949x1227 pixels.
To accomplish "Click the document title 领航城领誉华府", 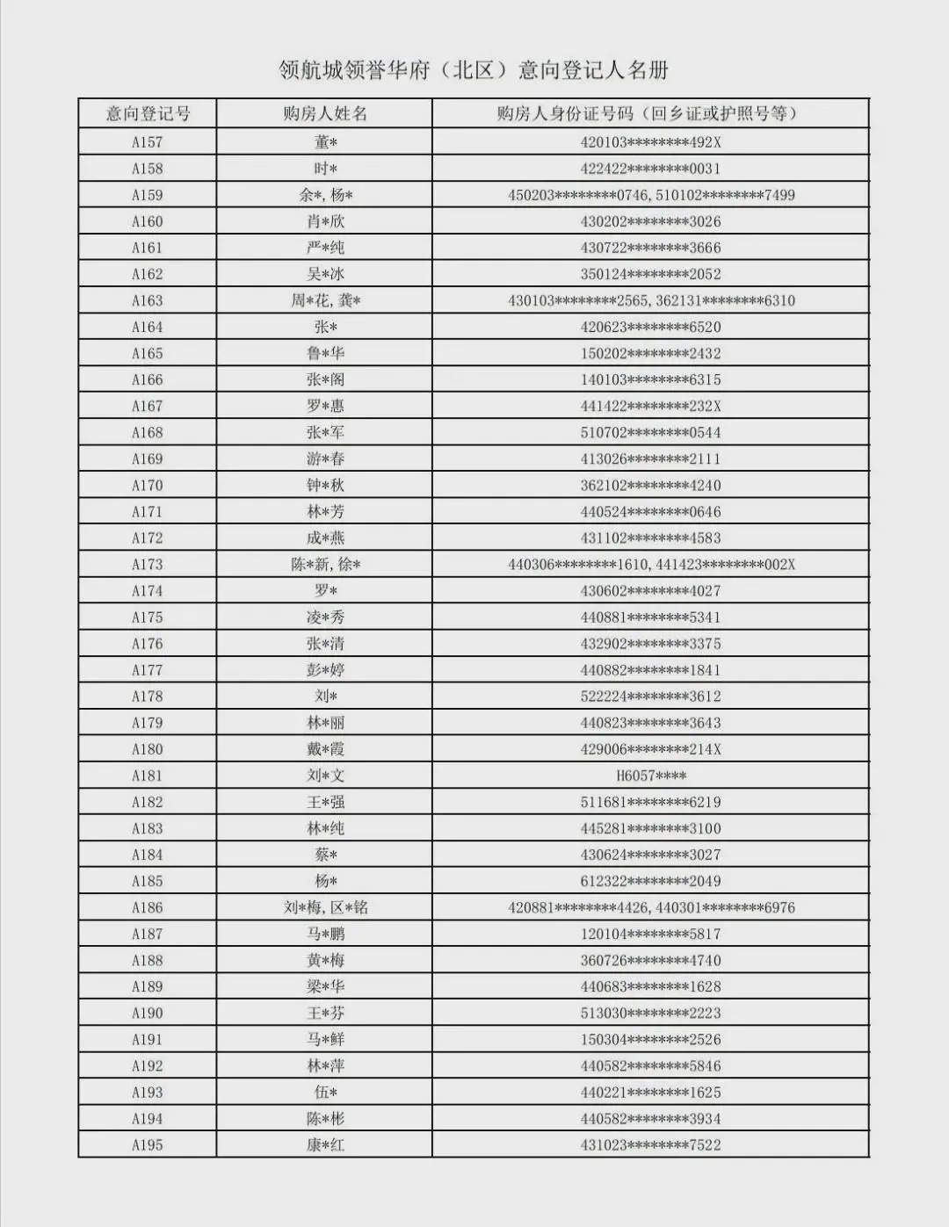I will point(474,69).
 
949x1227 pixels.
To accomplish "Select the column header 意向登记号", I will point(148,113).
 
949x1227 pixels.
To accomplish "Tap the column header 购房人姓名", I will point(325,113).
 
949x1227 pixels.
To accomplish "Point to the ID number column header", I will point(650,113).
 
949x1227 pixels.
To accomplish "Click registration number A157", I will point(148,142).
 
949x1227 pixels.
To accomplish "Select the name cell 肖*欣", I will point(325,221).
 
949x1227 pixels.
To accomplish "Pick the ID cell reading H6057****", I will point(650,776).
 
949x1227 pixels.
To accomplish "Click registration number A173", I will point(148,565).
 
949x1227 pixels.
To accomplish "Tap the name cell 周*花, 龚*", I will point(325,300).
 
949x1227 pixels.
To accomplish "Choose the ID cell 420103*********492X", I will point(650,142).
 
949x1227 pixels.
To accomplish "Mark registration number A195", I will point(148,1145).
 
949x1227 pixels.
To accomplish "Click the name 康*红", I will point(325,1145).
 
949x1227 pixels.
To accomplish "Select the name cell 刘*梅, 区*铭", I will point(325,907).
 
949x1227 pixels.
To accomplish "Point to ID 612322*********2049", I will point(650,881).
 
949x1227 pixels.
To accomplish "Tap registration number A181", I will point(148,776).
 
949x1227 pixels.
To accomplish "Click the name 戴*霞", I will point(325,749).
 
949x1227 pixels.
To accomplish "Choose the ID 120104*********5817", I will point(650,934).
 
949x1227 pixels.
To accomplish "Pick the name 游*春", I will point(325,458).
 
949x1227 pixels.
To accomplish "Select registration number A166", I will point(148,379).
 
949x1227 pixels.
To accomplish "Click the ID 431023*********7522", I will point(650,1145).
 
